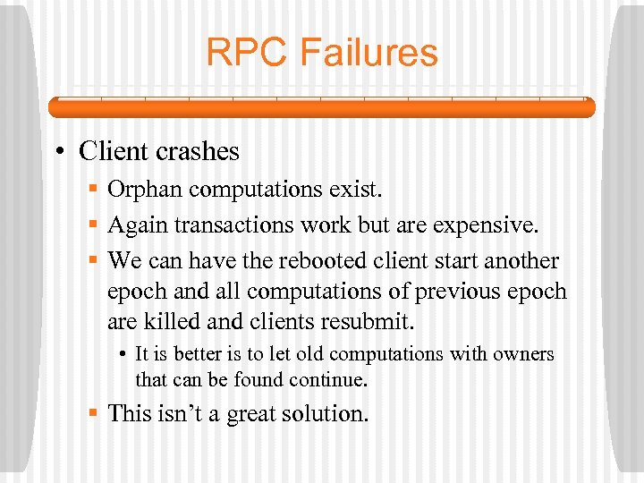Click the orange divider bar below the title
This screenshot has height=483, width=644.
coord(321,107)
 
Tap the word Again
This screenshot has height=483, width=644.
coord(138,225)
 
